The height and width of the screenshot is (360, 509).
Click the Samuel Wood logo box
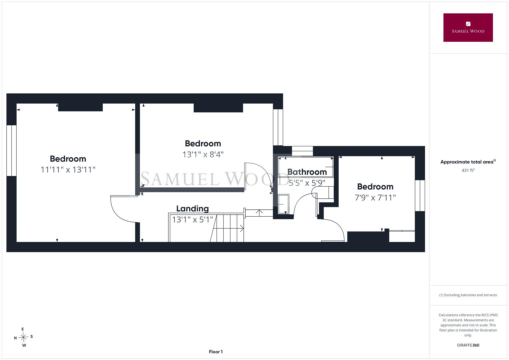[x=468, y=27]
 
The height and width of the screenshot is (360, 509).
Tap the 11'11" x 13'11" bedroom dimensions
[x=68, y=170]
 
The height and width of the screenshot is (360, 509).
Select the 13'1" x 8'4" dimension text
[x=203, y=155]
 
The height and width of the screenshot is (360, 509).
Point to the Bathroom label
[x=307, y=172]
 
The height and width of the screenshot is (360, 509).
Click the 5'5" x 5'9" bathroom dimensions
[x=307, y=183]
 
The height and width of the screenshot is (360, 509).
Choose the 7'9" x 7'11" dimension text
[x=375, y=197]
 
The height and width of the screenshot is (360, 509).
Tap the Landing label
[x=192, y=208]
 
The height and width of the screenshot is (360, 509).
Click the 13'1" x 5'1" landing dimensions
[x=192, y=220]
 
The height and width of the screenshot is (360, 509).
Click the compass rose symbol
[x=23, y=337]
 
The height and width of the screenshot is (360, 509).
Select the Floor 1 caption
[x=216, y=352]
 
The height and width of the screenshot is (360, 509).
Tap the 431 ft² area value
[x=468, y=170]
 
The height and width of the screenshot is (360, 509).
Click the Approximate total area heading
[x=468, y=162]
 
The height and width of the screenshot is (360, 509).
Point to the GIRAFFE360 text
[x=468, y=345]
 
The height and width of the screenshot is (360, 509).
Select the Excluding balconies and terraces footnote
[x=468, y=295]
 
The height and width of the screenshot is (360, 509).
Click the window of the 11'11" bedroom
[x=11, y=150]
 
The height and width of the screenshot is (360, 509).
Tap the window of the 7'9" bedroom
[x=420, y=195]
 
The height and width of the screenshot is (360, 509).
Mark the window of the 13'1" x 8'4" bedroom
[x=278, y=127]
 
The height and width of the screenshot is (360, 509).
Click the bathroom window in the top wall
[x=302, y=151]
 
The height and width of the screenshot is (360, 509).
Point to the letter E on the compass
[x=22, y=329]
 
